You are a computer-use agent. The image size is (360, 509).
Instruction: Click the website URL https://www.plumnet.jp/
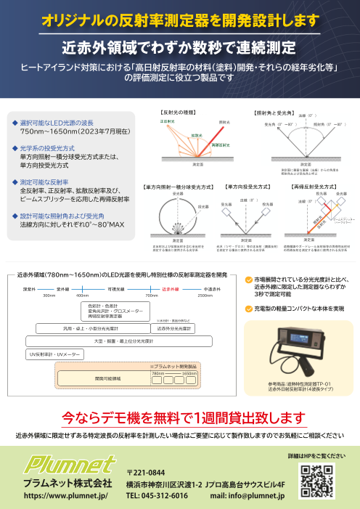click(x=66, y=496)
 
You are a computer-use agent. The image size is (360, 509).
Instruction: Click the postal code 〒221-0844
click(x=147, y=472)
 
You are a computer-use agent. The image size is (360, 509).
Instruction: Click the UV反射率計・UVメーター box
click(x=55, y=354)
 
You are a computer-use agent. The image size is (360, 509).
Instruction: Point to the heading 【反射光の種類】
click(x=179, y=113)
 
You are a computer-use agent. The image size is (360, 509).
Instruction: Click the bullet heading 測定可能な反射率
click(x=44, y=182)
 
